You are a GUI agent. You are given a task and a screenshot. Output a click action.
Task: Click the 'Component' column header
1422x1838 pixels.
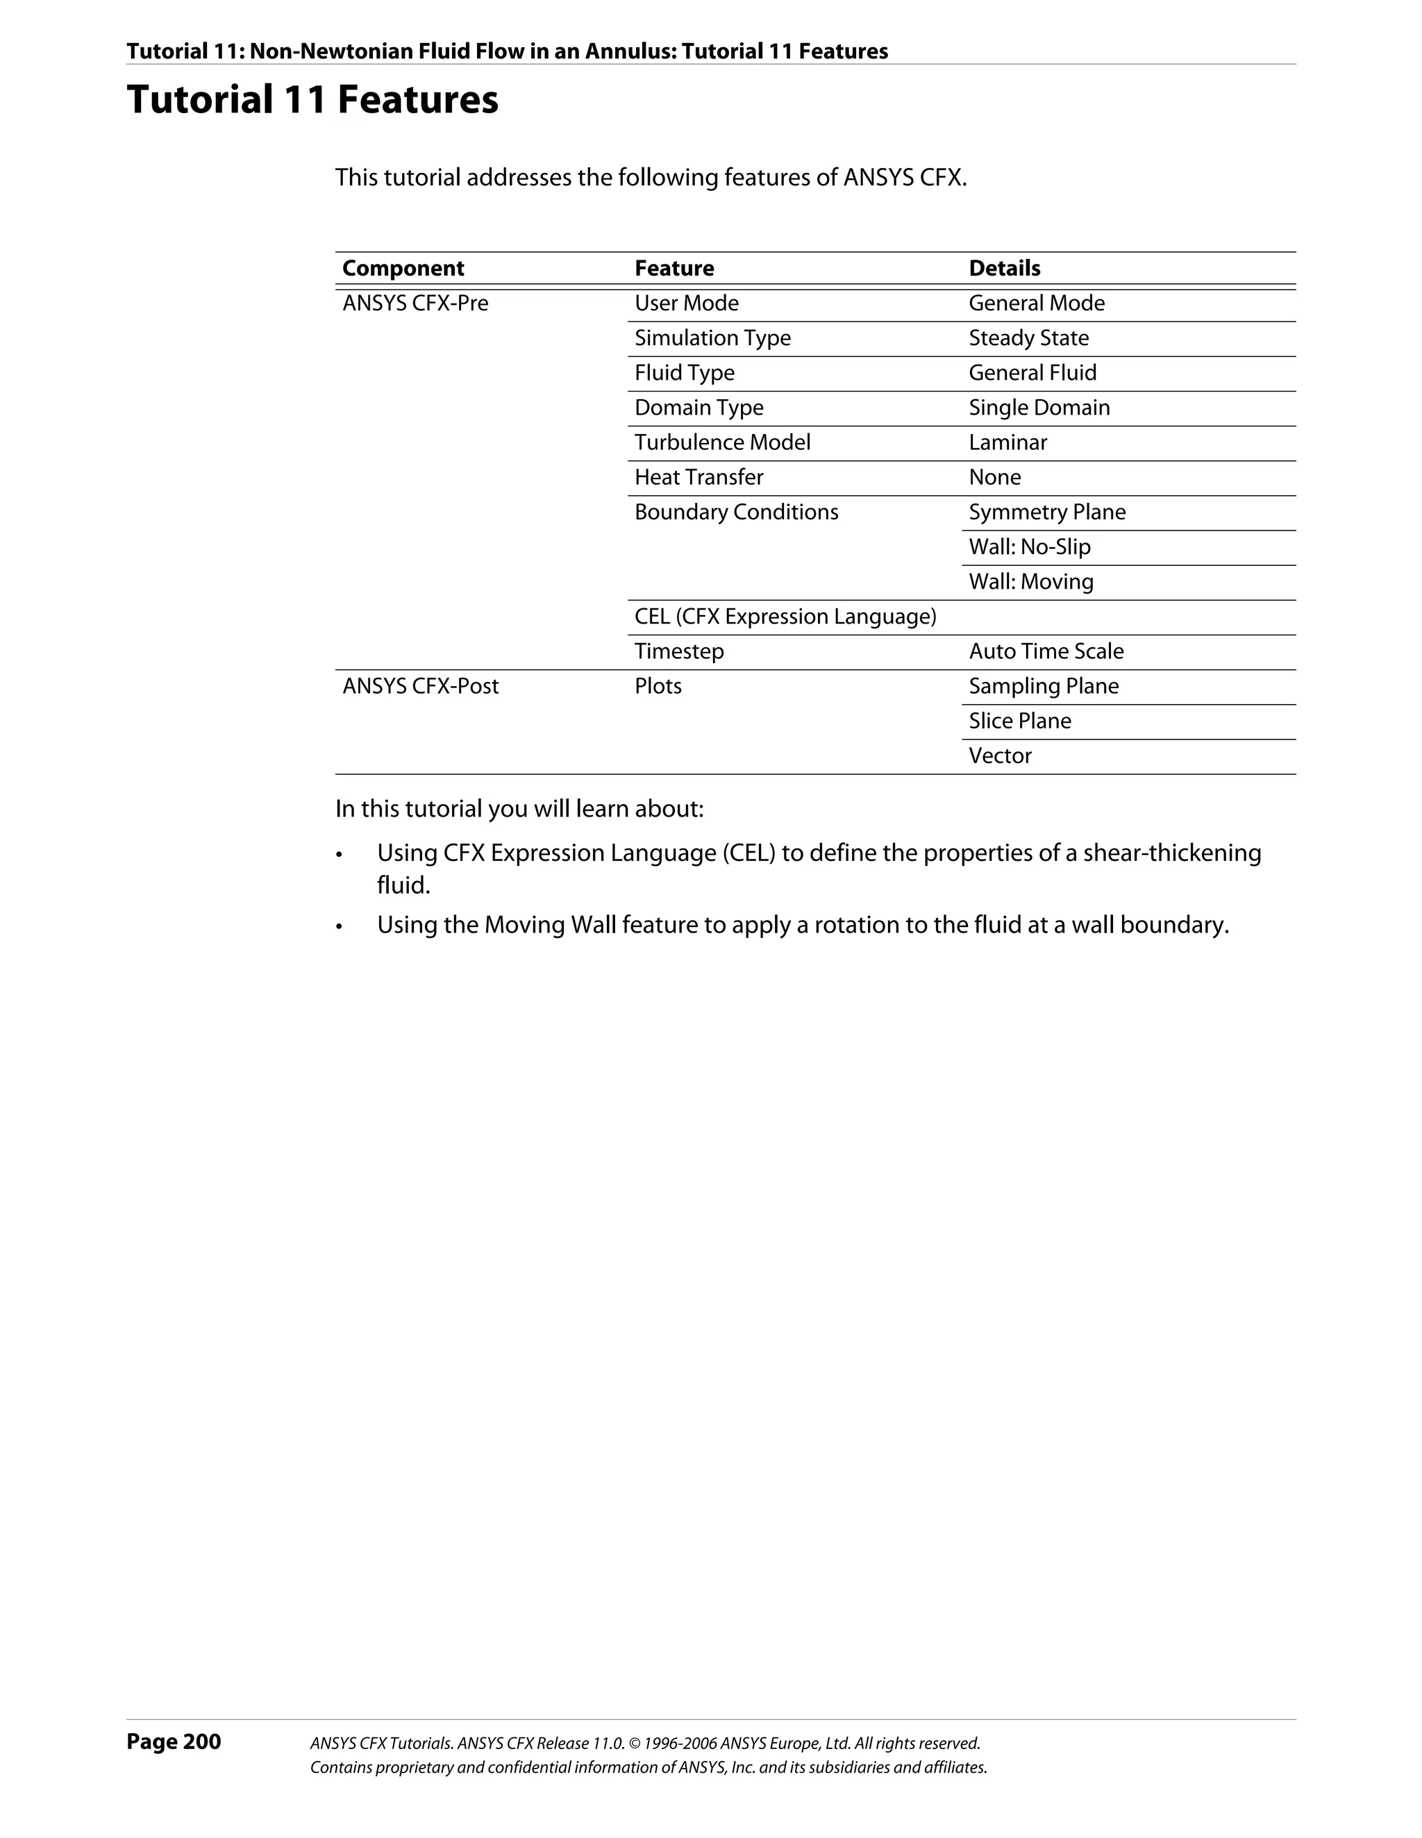(403, 269)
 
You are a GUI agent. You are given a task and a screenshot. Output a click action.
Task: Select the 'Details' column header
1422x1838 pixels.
(1005, 269)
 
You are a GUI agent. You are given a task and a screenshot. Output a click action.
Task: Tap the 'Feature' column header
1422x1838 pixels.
(674, 269)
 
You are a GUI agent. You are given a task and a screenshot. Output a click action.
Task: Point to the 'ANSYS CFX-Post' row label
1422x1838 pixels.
(420, 686)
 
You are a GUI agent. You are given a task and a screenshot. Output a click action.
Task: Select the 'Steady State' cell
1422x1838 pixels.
(1028, 338)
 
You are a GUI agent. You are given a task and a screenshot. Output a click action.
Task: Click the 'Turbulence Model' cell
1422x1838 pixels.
(722, 443)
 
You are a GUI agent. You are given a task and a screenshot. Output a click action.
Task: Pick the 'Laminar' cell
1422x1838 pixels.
(1007, 443)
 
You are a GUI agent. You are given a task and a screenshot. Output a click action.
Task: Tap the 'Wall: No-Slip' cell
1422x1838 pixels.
(1029, 547)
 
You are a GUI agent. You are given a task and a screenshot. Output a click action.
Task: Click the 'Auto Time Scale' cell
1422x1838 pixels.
(1046, 651)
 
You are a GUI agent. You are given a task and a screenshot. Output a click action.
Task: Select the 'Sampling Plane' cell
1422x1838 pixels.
(1044, 686)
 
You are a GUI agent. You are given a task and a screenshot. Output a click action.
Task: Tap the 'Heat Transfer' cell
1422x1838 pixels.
(699, 477)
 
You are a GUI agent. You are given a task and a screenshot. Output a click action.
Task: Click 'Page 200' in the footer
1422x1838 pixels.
(174, 1741)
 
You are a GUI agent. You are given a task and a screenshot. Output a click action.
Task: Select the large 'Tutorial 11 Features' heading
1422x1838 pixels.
(312, 99)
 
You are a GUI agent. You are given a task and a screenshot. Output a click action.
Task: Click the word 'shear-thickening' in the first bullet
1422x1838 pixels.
(1171, 853)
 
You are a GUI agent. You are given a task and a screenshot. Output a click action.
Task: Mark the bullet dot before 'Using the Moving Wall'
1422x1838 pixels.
(339, 926)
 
